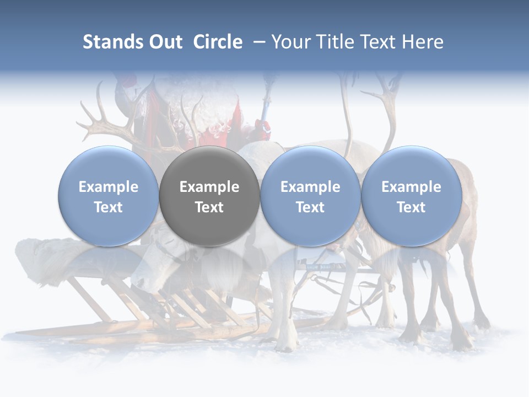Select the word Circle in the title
coord(218,42)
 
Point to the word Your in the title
coord(289,42)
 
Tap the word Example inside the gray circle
coord(209,187)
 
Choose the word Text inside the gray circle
coord(209,207)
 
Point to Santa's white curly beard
coord(190,116)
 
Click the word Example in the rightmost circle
coord(411,187)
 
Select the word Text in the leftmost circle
coord(109,207)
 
